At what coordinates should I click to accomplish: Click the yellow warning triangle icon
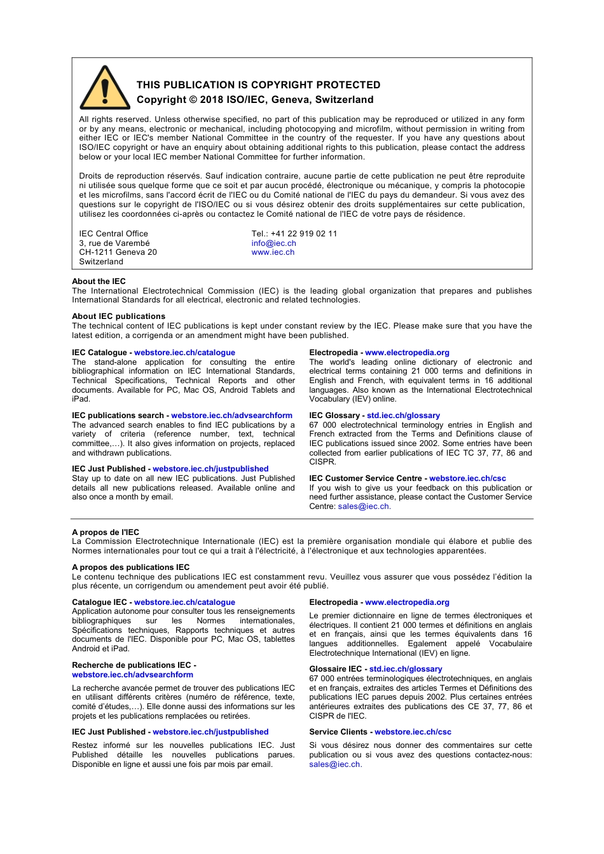(x=105, y=89)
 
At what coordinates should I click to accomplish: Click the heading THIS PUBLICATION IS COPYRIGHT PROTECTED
(x=258, y=85)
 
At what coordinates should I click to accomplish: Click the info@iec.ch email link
(x=273, y=243)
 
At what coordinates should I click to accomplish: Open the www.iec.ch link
(x=273, y=252)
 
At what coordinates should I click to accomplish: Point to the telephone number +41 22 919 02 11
(x=304, y=234)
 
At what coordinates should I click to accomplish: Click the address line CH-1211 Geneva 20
(x=118, y=252)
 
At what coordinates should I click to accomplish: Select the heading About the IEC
(x=99, y=281)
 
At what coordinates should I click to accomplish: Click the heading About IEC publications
(x=118, y=316)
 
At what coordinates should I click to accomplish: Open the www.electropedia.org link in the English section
(x=407, y=353)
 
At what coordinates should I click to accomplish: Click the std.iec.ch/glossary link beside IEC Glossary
(x=403, y=416)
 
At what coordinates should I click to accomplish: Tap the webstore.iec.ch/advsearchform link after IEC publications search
(x=231, y=416)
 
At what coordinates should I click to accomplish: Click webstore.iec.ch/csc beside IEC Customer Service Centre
(x=467, y=478)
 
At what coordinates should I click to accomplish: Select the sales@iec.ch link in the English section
(x=364, y=506)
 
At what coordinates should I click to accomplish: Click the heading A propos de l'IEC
(x=106, y=532)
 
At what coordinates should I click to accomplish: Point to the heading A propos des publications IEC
(x=130, y=567)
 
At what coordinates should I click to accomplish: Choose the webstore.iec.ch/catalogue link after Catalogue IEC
(x=184, y=602)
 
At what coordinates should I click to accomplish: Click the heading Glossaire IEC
(x=335, y=669)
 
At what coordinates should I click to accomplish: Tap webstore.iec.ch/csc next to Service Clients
(x=413, y=732)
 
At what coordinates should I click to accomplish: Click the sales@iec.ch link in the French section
(x=334, y=764)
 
